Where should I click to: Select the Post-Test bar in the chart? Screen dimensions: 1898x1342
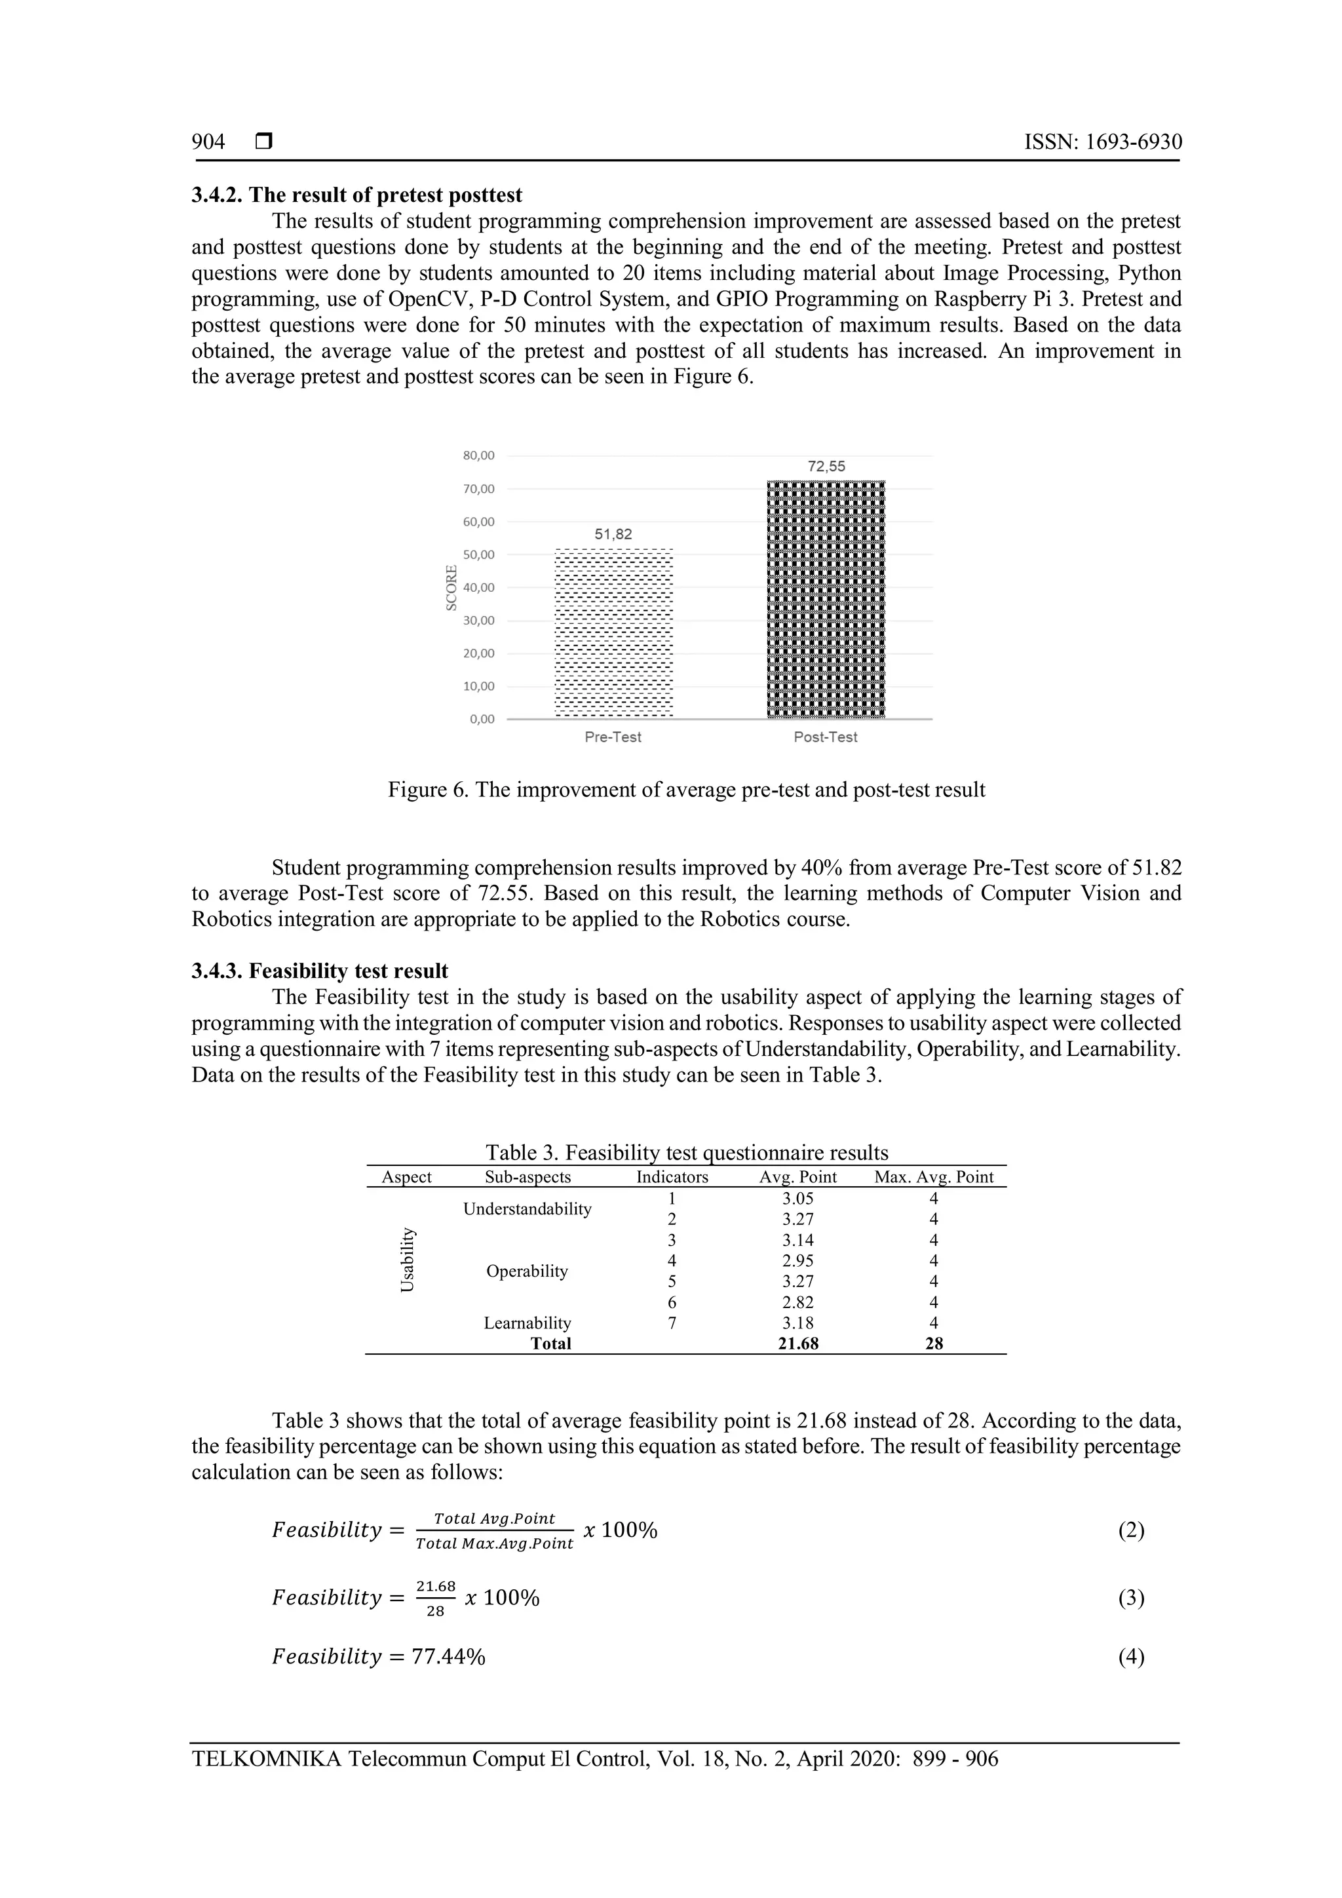(x=826, y=599)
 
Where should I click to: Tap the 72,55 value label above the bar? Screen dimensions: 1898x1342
(x=826, y=466)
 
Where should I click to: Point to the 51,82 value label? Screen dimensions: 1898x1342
(x=613, y=534)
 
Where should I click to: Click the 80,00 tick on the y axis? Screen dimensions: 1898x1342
(x=478, y=455)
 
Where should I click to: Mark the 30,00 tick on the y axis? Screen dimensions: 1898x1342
(x=478, y=621)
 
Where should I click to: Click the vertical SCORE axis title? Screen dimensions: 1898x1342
(x=451, y=588)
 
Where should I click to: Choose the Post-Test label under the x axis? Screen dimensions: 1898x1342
(x=826, y=737)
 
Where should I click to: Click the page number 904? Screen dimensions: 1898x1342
(x=208, y=142)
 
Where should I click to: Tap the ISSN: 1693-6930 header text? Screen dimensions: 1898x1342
(x=1102, y=142)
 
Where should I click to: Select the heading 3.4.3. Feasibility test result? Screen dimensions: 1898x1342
(x=320, y=971)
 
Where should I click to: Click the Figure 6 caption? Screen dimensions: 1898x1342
(x=686, y=790)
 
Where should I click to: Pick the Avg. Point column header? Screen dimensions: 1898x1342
(x=797, y=1177)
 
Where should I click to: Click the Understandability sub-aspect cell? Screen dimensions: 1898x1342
(x=527, y=1209)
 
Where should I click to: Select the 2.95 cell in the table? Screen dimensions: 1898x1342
(x=797, y=1261)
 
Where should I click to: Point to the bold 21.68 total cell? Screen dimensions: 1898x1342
(x=797, y=1344)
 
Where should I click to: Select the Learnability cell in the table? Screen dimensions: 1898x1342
(x=527, y=1323)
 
